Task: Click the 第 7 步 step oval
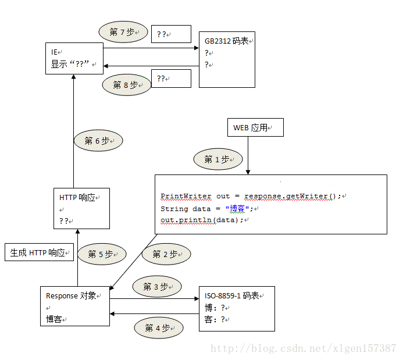(x=122, y=32)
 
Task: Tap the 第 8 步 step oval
(x=126, y=85)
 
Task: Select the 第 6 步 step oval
(x=98, y=141)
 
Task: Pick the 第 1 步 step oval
(x=218, y=159)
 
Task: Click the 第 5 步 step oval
(x=102, y=254)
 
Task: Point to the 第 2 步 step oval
(x=166, y=254)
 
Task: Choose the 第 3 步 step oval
(x=157, y=287)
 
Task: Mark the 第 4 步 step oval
(x=159, y=328)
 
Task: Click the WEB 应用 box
(x=256, y=127)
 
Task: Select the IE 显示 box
(x=74, y=58)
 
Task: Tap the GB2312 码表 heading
(x=226, y=41)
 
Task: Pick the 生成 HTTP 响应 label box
(x=38, y=253)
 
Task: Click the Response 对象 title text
(x=71, y=296)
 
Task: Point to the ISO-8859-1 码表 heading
(x=231, y=295)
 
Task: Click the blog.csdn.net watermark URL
(x=303, y=348)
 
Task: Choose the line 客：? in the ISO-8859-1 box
(x=215, y=319)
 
